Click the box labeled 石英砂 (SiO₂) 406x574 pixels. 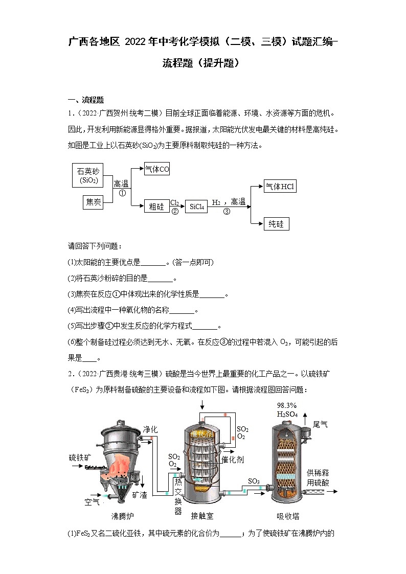(88, 175)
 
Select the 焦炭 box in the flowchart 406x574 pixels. (93, 202)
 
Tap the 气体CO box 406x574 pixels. (156, 169)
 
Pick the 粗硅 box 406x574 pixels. (156, 206)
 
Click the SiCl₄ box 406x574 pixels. (197, 206)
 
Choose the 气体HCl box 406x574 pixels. (280, 187)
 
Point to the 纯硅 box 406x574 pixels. (276, 224)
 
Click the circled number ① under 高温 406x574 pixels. (122, 193)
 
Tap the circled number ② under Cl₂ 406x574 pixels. (175, 211)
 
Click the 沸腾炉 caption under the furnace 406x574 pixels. (123, 516)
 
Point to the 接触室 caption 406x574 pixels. (202, 516)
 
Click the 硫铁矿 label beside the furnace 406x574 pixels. (80, 457)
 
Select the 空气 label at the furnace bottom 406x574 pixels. (92, 502)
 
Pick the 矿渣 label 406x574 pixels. (140, 495)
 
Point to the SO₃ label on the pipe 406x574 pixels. (254, 481)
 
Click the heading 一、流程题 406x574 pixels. (86, 100)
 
